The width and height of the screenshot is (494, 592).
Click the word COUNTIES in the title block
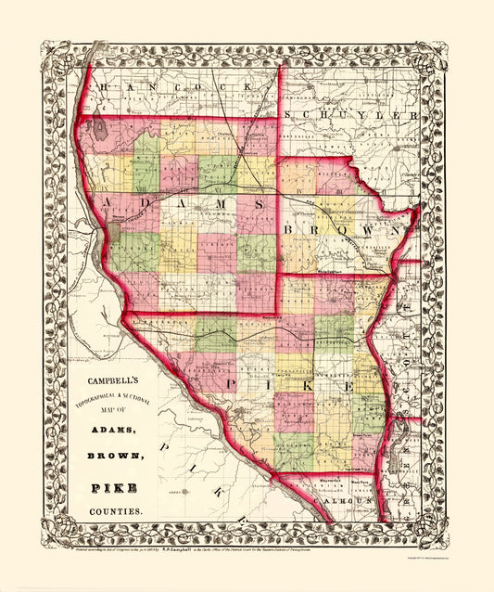116,511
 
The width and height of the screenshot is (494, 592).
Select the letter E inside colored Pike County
349,384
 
